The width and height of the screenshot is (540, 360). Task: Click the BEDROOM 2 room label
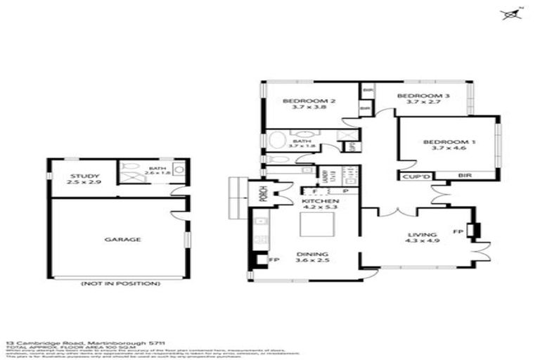coord(309,101)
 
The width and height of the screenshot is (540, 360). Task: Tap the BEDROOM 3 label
coord(423,96)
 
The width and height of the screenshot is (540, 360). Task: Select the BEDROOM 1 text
coord(449,143)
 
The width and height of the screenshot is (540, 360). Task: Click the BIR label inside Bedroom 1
coord(464,176)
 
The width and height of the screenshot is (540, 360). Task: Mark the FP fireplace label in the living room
coord(457,230)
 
